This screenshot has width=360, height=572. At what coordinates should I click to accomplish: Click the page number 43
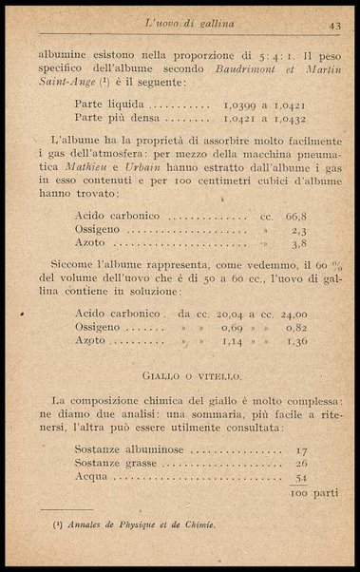coord(334,24)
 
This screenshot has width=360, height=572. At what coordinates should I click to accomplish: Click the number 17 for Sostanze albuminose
coord(302,452)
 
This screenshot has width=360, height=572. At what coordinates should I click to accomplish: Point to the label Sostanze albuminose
coord(121,452)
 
